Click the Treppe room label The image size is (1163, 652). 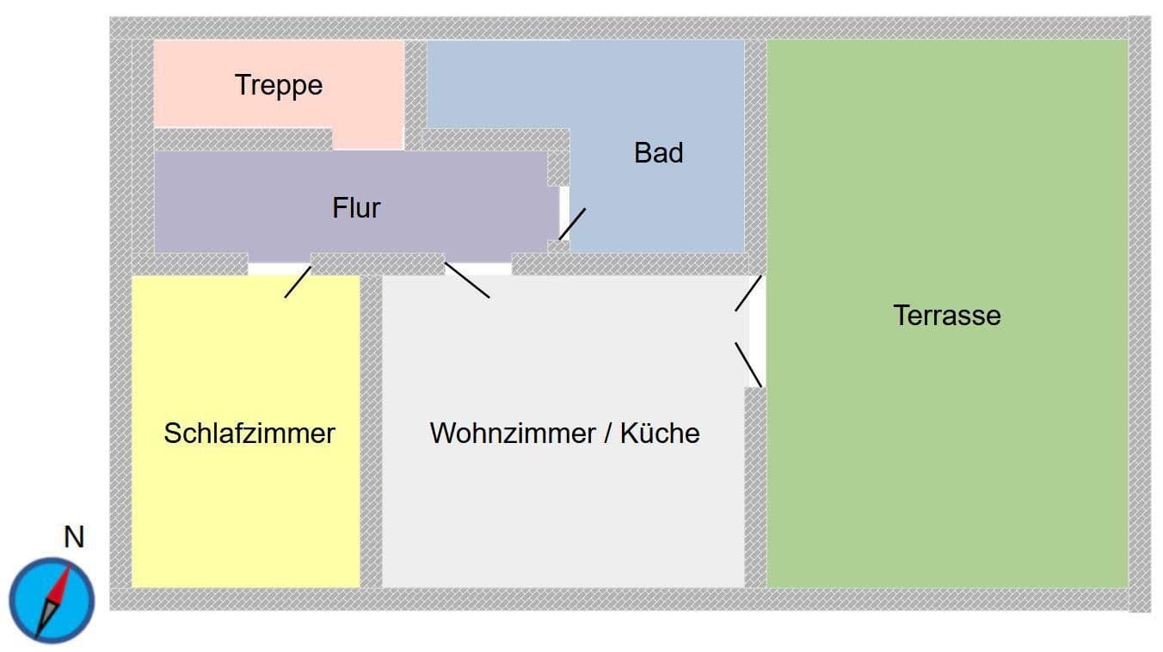(x=279, y=85)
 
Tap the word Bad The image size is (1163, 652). (x=658, y=153)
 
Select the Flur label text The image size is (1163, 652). (x=356, y=207)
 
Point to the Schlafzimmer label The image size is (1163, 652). (x=249, y=433)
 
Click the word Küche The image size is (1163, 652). (x=660, y=433)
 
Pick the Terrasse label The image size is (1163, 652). (x=946, y=315)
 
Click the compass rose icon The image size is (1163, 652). (x=52, y=600)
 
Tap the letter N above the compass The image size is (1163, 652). (x=74, y=538)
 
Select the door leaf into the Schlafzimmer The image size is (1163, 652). (x=298, y=282)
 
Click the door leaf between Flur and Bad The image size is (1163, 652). (x=572, y=224)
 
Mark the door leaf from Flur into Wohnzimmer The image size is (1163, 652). (x=467, y=280)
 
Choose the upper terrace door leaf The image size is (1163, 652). (x=748, y=293)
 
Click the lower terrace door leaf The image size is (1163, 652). (x=748, y=365)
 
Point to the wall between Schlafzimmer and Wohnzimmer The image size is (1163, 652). (x=371, y=430)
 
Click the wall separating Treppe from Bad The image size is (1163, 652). (x=415, y=86)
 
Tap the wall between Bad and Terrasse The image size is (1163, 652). (x=755, y=146)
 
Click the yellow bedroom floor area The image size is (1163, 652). (x=245, y=516)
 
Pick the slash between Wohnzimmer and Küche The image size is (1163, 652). (x=607, y=433)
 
